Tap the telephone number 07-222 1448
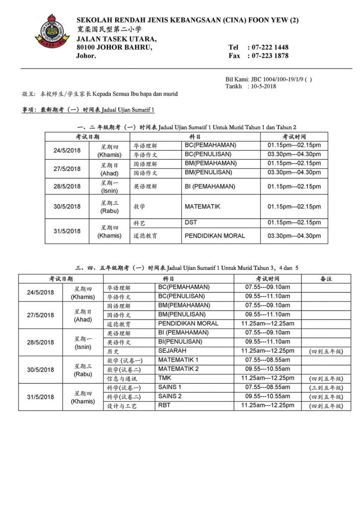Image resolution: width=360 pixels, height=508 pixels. pyautogui.click(x=270, y=47)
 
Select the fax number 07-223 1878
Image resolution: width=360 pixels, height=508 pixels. pyautogui.click(x=270, y=56)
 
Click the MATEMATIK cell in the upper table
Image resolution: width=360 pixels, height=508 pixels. pyautogui.click(x=202, y=206)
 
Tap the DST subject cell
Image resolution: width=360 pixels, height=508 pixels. pyautogui.click(x=191, y=223)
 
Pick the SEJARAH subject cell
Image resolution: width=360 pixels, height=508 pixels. pyautogui.click(x=172, y=350)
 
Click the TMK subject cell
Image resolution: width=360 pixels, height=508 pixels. pyautogui.click(x=165, y=378)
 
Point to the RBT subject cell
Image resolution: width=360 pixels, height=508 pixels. pyautogui.click(x=164, y=405)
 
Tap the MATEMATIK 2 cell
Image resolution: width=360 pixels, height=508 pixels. pyautogui.click(x=178, y=369)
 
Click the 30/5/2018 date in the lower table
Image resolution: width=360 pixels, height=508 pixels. pyautogui.click(x=40, y=370)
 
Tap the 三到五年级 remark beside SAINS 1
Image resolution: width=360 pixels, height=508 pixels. pyautogui.click(x=326, y=387)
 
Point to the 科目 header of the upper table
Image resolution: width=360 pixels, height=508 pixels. pyautogui.click(x=195, y=136)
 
